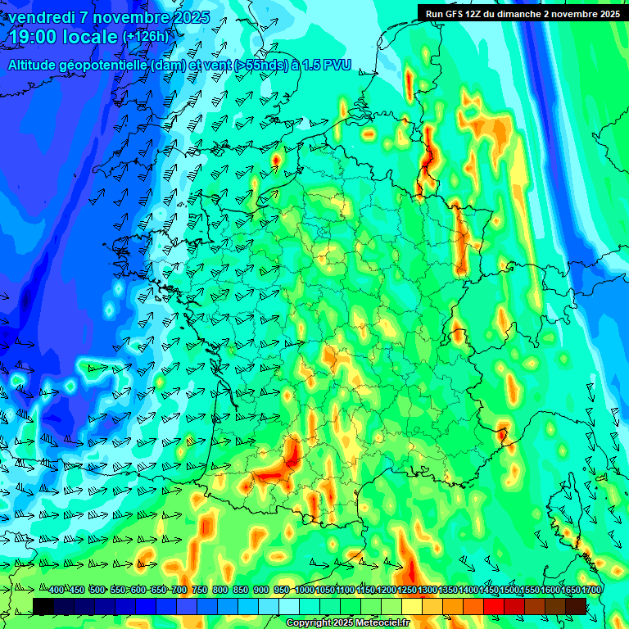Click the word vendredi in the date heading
coord(42,17)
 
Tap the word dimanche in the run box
coord(532,14)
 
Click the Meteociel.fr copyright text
coord(347,622)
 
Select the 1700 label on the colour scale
coord(569,590)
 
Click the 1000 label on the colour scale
coord(304,590)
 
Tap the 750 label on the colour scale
coord(200,590)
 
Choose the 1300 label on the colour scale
coord(427,590)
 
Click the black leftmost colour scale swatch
coord(43,606)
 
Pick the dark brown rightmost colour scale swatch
coord(576,606)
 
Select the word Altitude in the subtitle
coord(33,65)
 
